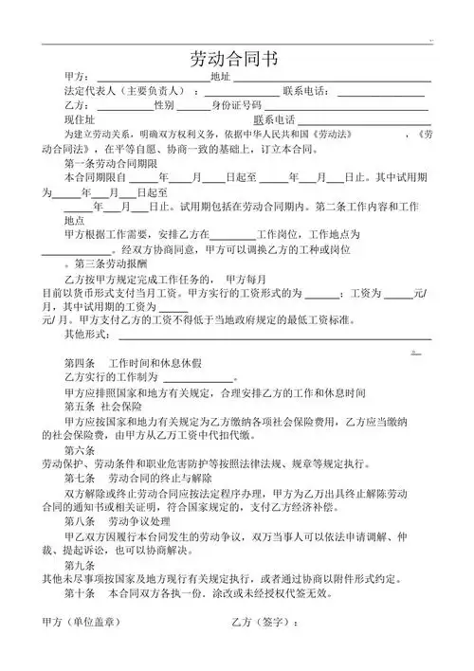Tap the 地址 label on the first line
(220, 76)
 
